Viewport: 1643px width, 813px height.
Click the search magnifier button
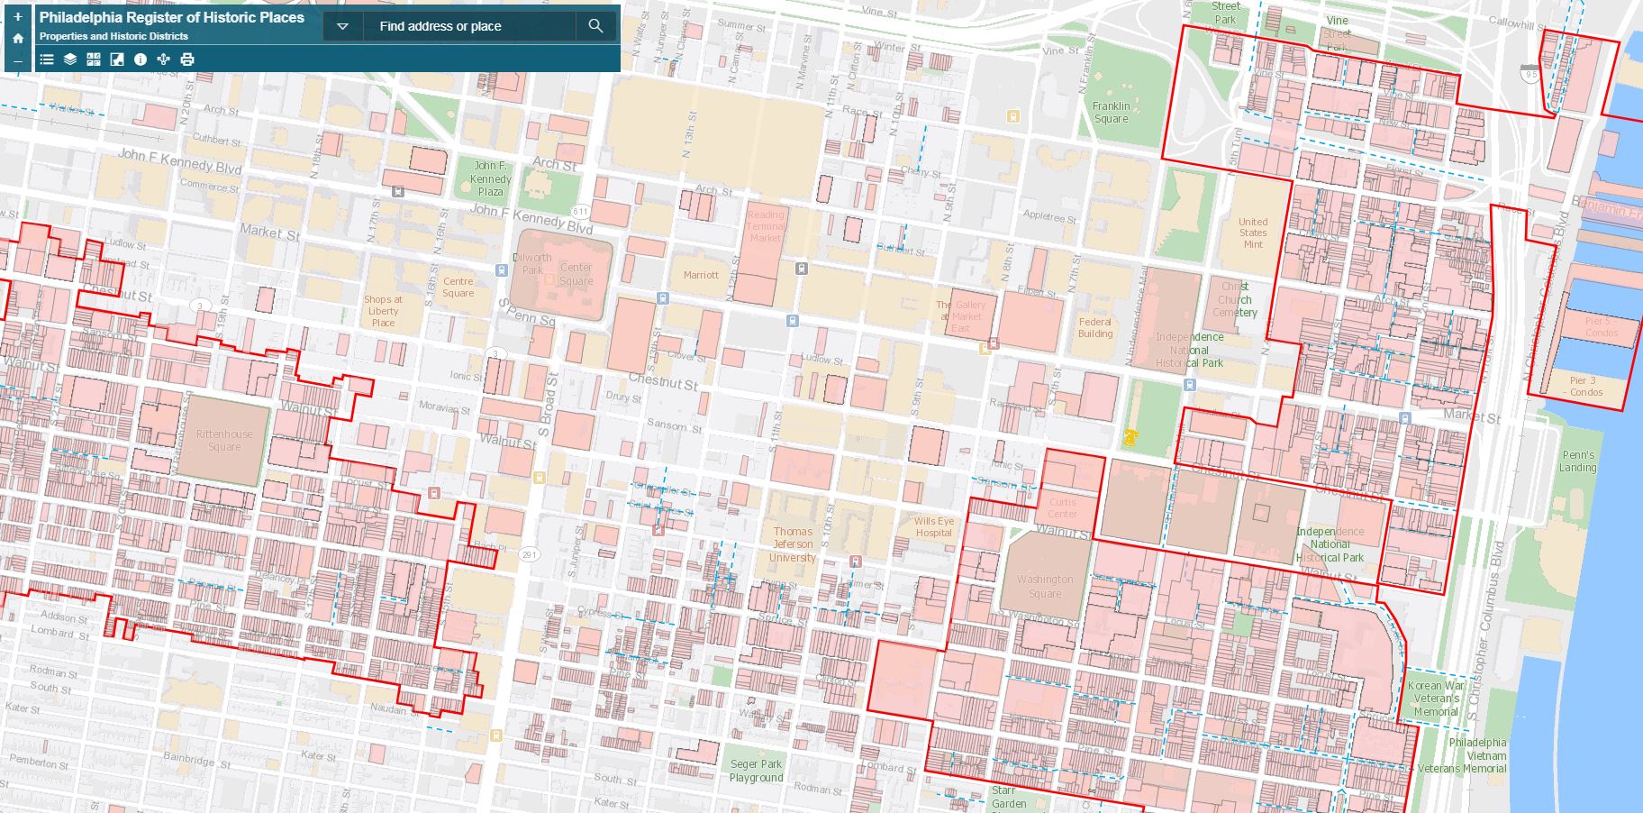[x=595, y=26]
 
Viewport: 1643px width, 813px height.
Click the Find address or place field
[x=468, y=26]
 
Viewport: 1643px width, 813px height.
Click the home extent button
[x=18, y=39]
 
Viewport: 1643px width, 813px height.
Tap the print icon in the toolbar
[x=187, y=59]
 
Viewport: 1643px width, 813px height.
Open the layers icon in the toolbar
[x=70, y=59]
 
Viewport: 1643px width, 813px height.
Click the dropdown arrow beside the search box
[x=342, y=26]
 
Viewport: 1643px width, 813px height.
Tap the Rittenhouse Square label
[x=224, y=440]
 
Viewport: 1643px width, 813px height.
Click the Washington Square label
[x=1045, y=586]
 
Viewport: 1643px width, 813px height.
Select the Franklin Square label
[x=1111, y=112]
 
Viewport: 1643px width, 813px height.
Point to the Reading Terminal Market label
[x=766, y=226]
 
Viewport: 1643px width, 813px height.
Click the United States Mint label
[x=1253, y=233]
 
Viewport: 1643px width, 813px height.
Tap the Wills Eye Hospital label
[x=933, y=526]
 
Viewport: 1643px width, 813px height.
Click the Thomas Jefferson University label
[x=793, y=544]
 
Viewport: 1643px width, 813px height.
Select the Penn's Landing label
[x=1578, y=461]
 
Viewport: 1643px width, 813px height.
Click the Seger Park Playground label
[x=756, y=771]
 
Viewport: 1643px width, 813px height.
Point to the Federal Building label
[x=1095, y=327]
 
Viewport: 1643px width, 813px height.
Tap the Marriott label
[x=701, y=275]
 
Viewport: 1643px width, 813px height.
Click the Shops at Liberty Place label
[x=383, y=311]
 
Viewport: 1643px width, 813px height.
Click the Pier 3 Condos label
[x=1585, y=386]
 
